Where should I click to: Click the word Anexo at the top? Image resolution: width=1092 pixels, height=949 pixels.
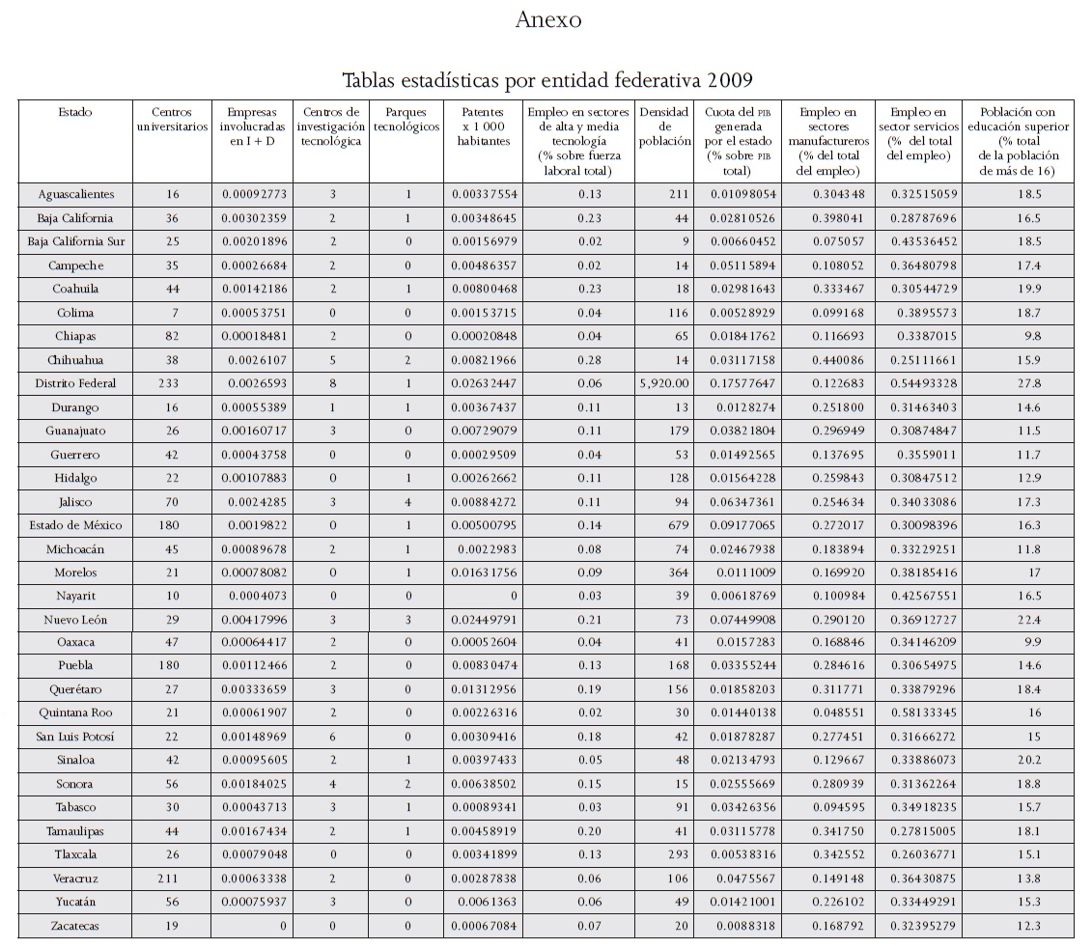(x=547, y=19)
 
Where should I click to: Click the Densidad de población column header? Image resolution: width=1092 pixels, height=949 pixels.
(x=664, y=126)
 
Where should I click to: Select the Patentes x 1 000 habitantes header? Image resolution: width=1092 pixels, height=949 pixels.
(x=483, y=126)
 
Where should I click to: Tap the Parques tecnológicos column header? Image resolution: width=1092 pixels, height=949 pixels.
(x=406, y=120)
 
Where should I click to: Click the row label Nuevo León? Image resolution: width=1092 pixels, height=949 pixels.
(x=74, y=619)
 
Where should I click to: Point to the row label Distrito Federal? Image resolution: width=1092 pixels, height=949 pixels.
(x=74, y=383)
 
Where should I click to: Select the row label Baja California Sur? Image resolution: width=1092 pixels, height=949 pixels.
(x=74, y=241)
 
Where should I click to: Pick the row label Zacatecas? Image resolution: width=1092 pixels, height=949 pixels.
(x=74, y=926)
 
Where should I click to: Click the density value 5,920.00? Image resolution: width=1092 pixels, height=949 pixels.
(x=662, y=383)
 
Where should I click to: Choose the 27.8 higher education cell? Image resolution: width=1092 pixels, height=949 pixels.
(x=1023, y=383)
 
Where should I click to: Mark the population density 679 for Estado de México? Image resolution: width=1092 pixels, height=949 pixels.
(x=676, y=525)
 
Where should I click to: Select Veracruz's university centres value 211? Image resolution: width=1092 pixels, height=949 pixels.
(x=169, y=879)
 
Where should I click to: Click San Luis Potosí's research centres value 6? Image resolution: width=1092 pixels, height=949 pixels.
(x=332, y=737)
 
